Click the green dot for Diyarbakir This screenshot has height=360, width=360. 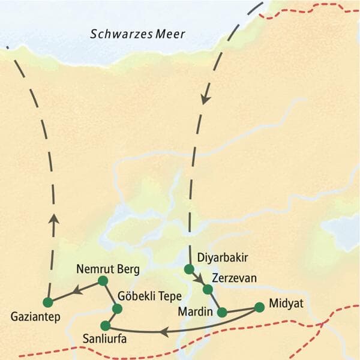[189, 269]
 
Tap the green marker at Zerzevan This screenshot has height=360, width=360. [208, 289]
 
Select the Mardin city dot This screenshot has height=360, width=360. [222, 312]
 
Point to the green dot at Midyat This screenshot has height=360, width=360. [259, 307]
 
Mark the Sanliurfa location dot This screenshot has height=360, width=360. [106, 326]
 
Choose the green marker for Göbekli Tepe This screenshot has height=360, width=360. [117, 309]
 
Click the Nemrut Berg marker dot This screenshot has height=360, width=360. [103, 280]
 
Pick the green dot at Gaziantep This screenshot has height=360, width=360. [48, 301]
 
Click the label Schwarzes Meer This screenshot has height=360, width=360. [137, 35]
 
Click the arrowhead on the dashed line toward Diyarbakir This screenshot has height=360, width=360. [206, 97]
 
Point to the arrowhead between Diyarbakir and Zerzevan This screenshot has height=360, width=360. [199, 280]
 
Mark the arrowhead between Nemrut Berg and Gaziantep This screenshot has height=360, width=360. [76, 291]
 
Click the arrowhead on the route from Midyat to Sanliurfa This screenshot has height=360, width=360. [163, 330]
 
